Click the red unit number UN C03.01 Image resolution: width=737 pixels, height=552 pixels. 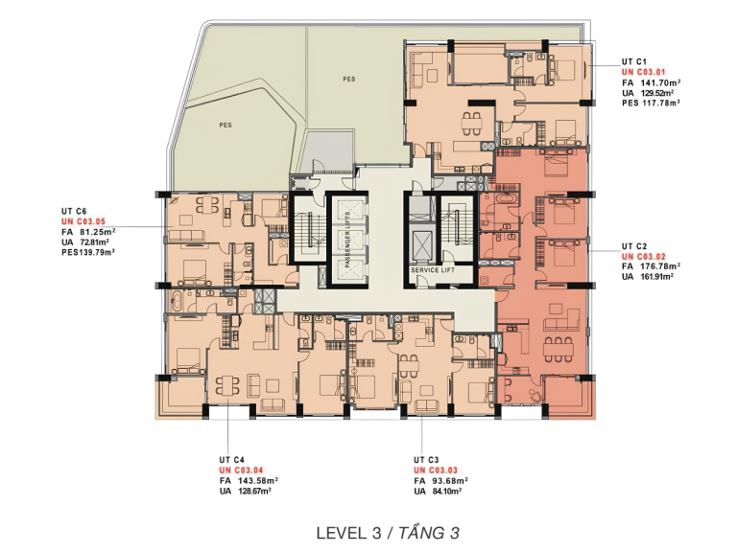644,72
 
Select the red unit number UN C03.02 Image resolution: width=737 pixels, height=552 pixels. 644,256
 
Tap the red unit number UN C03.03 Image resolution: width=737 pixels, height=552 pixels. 436,470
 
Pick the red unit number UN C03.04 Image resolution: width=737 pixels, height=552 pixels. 241,470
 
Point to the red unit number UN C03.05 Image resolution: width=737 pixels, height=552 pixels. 83,221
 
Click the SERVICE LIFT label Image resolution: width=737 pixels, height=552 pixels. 433,270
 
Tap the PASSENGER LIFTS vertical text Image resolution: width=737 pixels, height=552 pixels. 347,240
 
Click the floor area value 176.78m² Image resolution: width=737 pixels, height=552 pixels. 661,266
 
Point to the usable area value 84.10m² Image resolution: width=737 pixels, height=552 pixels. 446,491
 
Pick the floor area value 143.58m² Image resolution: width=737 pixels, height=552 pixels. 258,481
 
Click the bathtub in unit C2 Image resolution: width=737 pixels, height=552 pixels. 506,199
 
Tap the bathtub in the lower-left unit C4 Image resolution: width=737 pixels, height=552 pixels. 178,300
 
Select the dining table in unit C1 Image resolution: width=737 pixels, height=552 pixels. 471,124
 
